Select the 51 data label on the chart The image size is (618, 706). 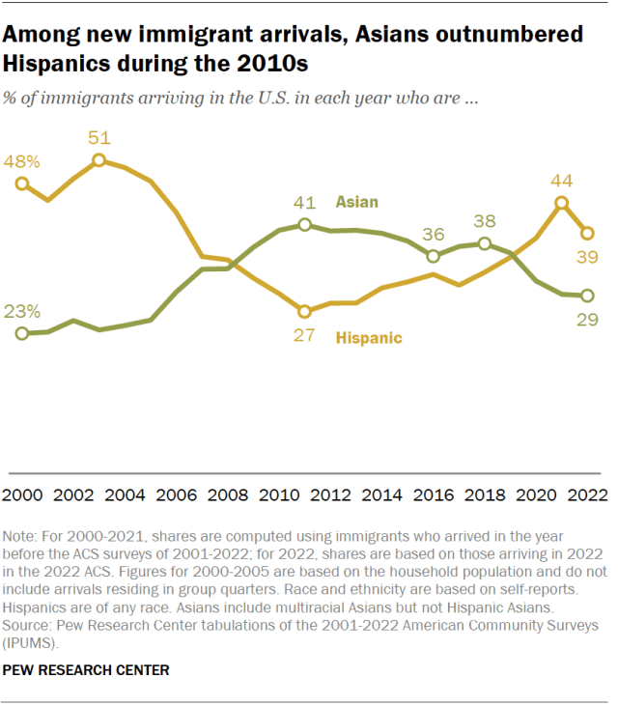[98, 138]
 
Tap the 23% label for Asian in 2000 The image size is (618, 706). [23, 311]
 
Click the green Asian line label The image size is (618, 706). [356, 202]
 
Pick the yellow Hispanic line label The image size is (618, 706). [368, 338]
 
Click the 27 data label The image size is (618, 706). [303, 334]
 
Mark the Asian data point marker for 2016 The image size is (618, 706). [434, 256]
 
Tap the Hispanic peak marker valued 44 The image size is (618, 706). [561, 203]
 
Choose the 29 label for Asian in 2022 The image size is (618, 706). [585, 319]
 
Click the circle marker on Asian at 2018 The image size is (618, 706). [485, 243]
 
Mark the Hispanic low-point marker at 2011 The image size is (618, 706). [304, 311]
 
